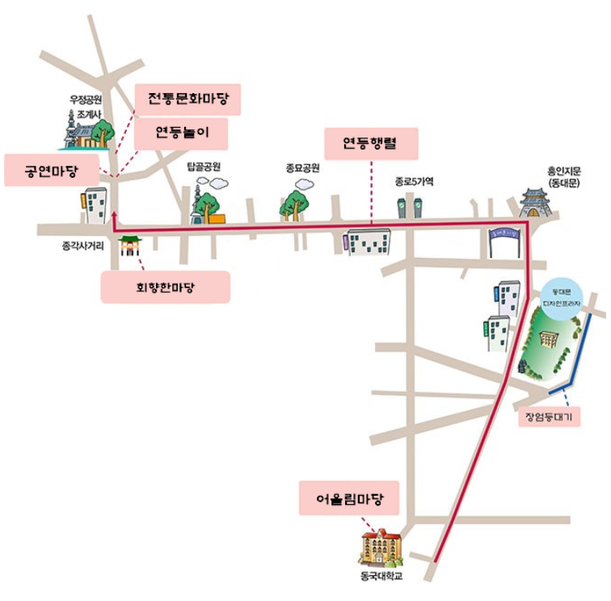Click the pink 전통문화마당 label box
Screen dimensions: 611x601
click(x=188, y=101)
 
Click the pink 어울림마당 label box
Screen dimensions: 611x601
click(x=349, y=498)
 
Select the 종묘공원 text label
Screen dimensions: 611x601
click(x=302, y=168)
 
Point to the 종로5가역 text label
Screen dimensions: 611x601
click(x=415, y=182)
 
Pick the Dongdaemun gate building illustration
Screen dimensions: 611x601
click(x=537, y=203)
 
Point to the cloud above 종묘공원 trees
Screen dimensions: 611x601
click(x=304, y=184)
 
